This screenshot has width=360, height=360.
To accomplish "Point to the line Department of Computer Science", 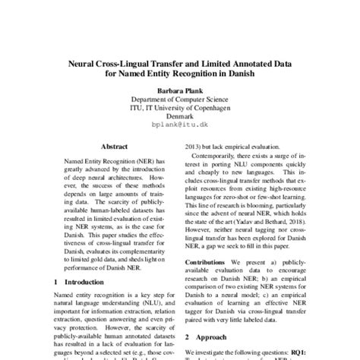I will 179,99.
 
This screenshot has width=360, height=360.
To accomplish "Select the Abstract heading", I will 114,145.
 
